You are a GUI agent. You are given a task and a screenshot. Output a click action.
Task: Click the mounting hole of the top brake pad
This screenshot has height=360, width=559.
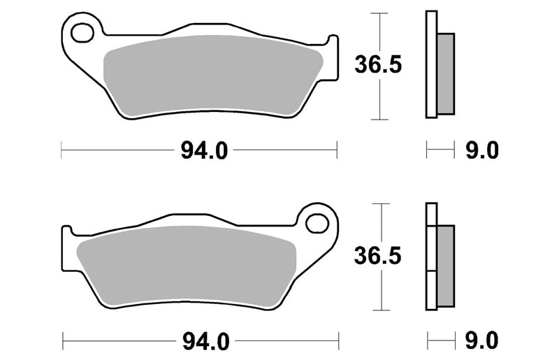coord(82,34)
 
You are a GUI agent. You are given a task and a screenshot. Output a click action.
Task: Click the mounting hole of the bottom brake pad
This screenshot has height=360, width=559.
coord(317,224)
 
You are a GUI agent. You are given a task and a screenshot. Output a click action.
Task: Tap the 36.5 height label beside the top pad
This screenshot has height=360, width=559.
coord(378,64)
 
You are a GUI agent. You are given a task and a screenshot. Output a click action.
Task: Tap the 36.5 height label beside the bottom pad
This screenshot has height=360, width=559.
coord(378,255)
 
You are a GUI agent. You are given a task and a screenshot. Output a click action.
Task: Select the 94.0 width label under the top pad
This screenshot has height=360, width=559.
coord(204,150)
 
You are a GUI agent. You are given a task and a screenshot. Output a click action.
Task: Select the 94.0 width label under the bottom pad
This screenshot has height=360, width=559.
coord(205,341)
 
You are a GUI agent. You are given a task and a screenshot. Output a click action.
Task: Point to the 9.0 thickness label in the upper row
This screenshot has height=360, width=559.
coord(481,150)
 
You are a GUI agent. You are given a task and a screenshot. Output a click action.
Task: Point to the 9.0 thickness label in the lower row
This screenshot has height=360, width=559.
coord(481,340)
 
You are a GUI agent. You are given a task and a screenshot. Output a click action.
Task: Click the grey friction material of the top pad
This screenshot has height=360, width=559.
coord(213,75)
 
